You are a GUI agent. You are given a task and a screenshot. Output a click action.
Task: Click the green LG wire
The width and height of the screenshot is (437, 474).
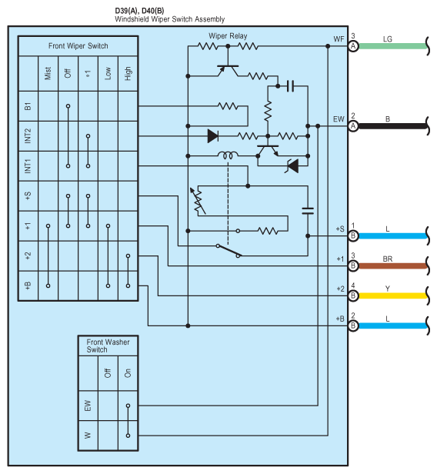click(392, 46)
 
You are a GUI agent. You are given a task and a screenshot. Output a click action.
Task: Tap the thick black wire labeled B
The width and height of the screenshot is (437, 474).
click(392, 126)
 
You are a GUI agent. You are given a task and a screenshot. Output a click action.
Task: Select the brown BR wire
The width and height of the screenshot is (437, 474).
click(392, 266)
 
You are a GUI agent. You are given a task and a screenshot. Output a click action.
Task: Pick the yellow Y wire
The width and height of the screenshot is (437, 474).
click(392, 295)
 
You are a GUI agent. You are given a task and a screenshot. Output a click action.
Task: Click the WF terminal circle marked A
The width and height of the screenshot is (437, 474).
click(353, 46)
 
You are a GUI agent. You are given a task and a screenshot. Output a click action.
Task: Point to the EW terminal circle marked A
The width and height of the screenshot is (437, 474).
click(353, 126)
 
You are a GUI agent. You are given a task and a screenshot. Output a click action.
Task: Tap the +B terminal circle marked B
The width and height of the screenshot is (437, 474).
click(353, 325)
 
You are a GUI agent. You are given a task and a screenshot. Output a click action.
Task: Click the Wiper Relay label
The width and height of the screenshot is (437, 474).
click(228, 36)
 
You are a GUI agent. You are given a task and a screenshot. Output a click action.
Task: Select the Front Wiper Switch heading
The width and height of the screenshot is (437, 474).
click(78, 46)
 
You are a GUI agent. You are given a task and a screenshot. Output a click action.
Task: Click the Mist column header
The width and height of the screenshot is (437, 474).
click(48, 73)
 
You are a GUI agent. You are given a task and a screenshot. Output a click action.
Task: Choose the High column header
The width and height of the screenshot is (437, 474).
click(128, 73)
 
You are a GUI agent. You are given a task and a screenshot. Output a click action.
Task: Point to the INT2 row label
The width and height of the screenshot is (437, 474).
click(28, 135)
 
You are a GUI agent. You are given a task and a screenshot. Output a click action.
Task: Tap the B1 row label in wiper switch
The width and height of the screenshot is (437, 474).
click(28, 106)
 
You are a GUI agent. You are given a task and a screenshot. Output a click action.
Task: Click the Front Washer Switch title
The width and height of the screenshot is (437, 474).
click(108, 345)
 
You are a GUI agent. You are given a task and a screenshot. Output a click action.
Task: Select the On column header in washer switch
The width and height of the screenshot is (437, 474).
click(128, 373)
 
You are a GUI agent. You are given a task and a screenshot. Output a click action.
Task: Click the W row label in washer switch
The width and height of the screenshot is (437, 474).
click(88, 436)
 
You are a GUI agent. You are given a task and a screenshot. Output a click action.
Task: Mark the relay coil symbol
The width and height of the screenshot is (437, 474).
click(228, 155)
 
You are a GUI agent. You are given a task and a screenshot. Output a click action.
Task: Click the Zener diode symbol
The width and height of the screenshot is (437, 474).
click(292, 166)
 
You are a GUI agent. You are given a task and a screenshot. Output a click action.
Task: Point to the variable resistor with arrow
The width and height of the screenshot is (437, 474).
click(198, 201)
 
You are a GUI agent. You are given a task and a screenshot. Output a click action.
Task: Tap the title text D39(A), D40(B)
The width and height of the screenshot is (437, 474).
click(139, 11)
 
